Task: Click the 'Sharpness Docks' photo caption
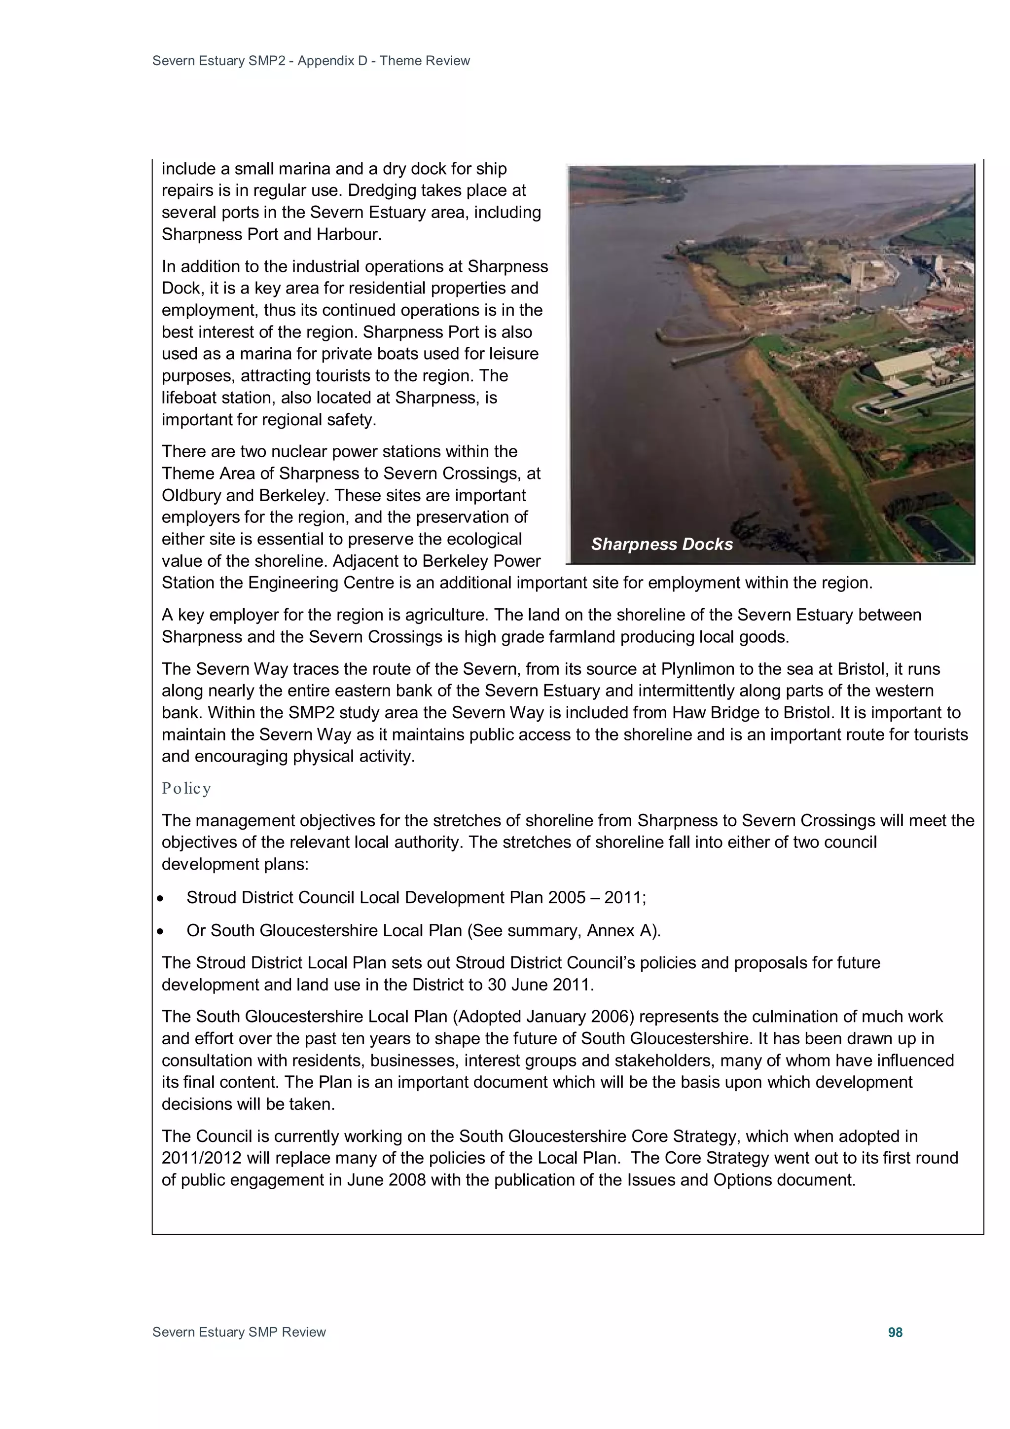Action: (x=661, y=544)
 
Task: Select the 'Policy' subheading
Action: (x=186, y=789)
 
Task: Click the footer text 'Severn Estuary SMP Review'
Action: (x=239, y=1332)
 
